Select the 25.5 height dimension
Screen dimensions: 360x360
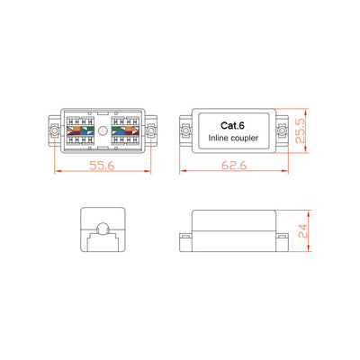(x=310, y=132)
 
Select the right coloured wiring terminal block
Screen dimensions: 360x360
(x=123, y=132)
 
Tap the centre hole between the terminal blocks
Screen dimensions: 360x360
(x=103, y=131)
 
